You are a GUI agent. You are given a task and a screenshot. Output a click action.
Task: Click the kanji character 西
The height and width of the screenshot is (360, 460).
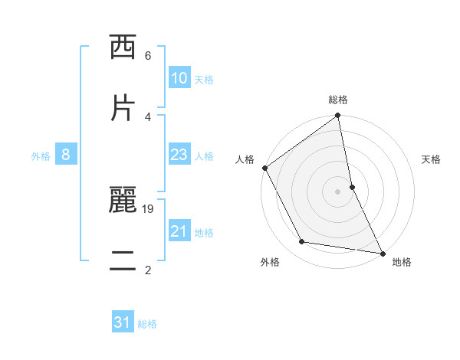[123, 47]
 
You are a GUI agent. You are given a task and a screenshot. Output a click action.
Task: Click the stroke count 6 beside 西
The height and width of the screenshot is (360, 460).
[148, 55]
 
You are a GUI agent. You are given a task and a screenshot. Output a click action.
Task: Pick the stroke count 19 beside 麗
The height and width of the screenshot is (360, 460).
[148, 208]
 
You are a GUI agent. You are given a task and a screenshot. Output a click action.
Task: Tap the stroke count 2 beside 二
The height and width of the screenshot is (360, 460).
[148, 270]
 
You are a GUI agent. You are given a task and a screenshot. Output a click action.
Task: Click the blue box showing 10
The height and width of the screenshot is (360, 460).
[179, 78]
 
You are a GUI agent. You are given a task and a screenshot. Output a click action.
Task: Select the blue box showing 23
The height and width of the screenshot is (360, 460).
[179, 155]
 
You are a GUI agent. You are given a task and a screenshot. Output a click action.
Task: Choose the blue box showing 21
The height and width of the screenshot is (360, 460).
[179, 231]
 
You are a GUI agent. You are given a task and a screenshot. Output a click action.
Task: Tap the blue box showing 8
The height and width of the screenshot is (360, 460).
[66, 155]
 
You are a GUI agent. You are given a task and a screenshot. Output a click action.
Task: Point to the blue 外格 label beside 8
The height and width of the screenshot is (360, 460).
[41, 155]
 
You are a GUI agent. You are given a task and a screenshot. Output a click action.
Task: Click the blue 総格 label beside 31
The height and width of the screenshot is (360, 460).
[147, 323]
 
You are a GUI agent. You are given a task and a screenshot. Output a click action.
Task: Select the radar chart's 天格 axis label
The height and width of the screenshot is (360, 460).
[432, 159]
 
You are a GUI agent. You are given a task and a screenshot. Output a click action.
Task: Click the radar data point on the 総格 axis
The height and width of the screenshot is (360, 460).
[338, 116]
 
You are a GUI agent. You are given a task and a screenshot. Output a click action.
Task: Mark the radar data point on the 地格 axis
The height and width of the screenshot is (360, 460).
[382, 252]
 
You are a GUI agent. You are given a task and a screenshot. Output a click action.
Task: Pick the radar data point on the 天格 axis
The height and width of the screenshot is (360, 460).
[352, 186]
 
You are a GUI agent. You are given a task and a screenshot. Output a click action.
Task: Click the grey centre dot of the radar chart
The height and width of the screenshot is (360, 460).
[338, 191]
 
